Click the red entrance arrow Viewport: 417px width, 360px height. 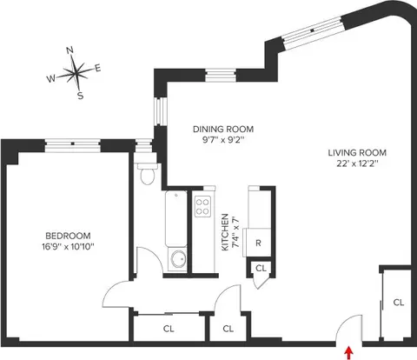tap(349, 352)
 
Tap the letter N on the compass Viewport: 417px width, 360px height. tap(71, 50)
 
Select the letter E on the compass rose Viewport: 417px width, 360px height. tap(98, 68)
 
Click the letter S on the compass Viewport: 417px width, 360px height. tap(80, 96)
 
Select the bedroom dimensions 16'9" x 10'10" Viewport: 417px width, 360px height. tap(68, 247)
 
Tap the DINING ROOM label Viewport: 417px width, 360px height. tap(216, 128)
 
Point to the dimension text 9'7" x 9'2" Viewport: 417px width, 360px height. tap(216, 139)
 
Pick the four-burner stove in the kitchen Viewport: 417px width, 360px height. tap(202, 206)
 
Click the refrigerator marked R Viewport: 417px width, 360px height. tap(258, 243)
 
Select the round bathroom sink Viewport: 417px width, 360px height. tap(178, 259)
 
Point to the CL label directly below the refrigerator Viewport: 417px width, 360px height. tap(260, 270)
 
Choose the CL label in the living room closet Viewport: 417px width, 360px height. tap(398, 303)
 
